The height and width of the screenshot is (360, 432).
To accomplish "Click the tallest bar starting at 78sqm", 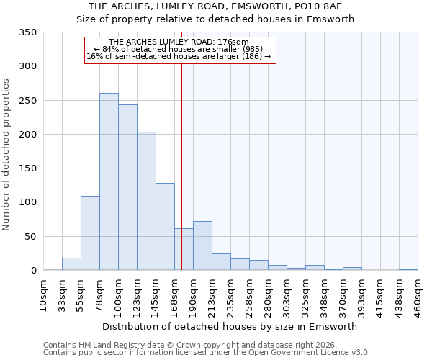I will (109, 181).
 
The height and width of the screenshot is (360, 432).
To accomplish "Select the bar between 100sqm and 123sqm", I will (127, 187).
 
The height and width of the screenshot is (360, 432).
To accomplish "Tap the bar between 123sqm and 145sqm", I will (146, 201).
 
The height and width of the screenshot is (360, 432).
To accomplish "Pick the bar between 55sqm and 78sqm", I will (90, 233).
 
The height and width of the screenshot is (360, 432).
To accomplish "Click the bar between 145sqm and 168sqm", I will (165, 227).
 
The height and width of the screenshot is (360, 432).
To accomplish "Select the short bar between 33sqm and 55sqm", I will (71, 264).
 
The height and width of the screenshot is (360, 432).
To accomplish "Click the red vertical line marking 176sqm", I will (181, 144).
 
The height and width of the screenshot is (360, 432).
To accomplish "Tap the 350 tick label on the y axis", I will (27, 32).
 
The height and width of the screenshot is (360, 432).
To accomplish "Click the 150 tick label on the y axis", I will (27, 168).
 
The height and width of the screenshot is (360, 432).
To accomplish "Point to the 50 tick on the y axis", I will (30, 237).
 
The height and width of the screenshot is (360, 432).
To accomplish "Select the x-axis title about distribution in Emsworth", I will (230, 326).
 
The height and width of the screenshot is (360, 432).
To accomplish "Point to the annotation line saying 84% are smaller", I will (179, 49).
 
